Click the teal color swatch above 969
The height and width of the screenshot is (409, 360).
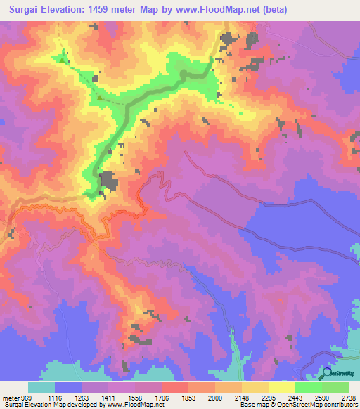[x=41, y=387]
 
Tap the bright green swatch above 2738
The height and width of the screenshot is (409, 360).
[x=335, y=387]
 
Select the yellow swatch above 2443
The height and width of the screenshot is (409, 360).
[x=282, y=387]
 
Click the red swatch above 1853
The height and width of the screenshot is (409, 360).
[x=174, y=387]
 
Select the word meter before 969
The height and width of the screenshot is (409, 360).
[x=13, y=397]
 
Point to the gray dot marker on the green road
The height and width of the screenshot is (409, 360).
[x=184, y=72]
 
